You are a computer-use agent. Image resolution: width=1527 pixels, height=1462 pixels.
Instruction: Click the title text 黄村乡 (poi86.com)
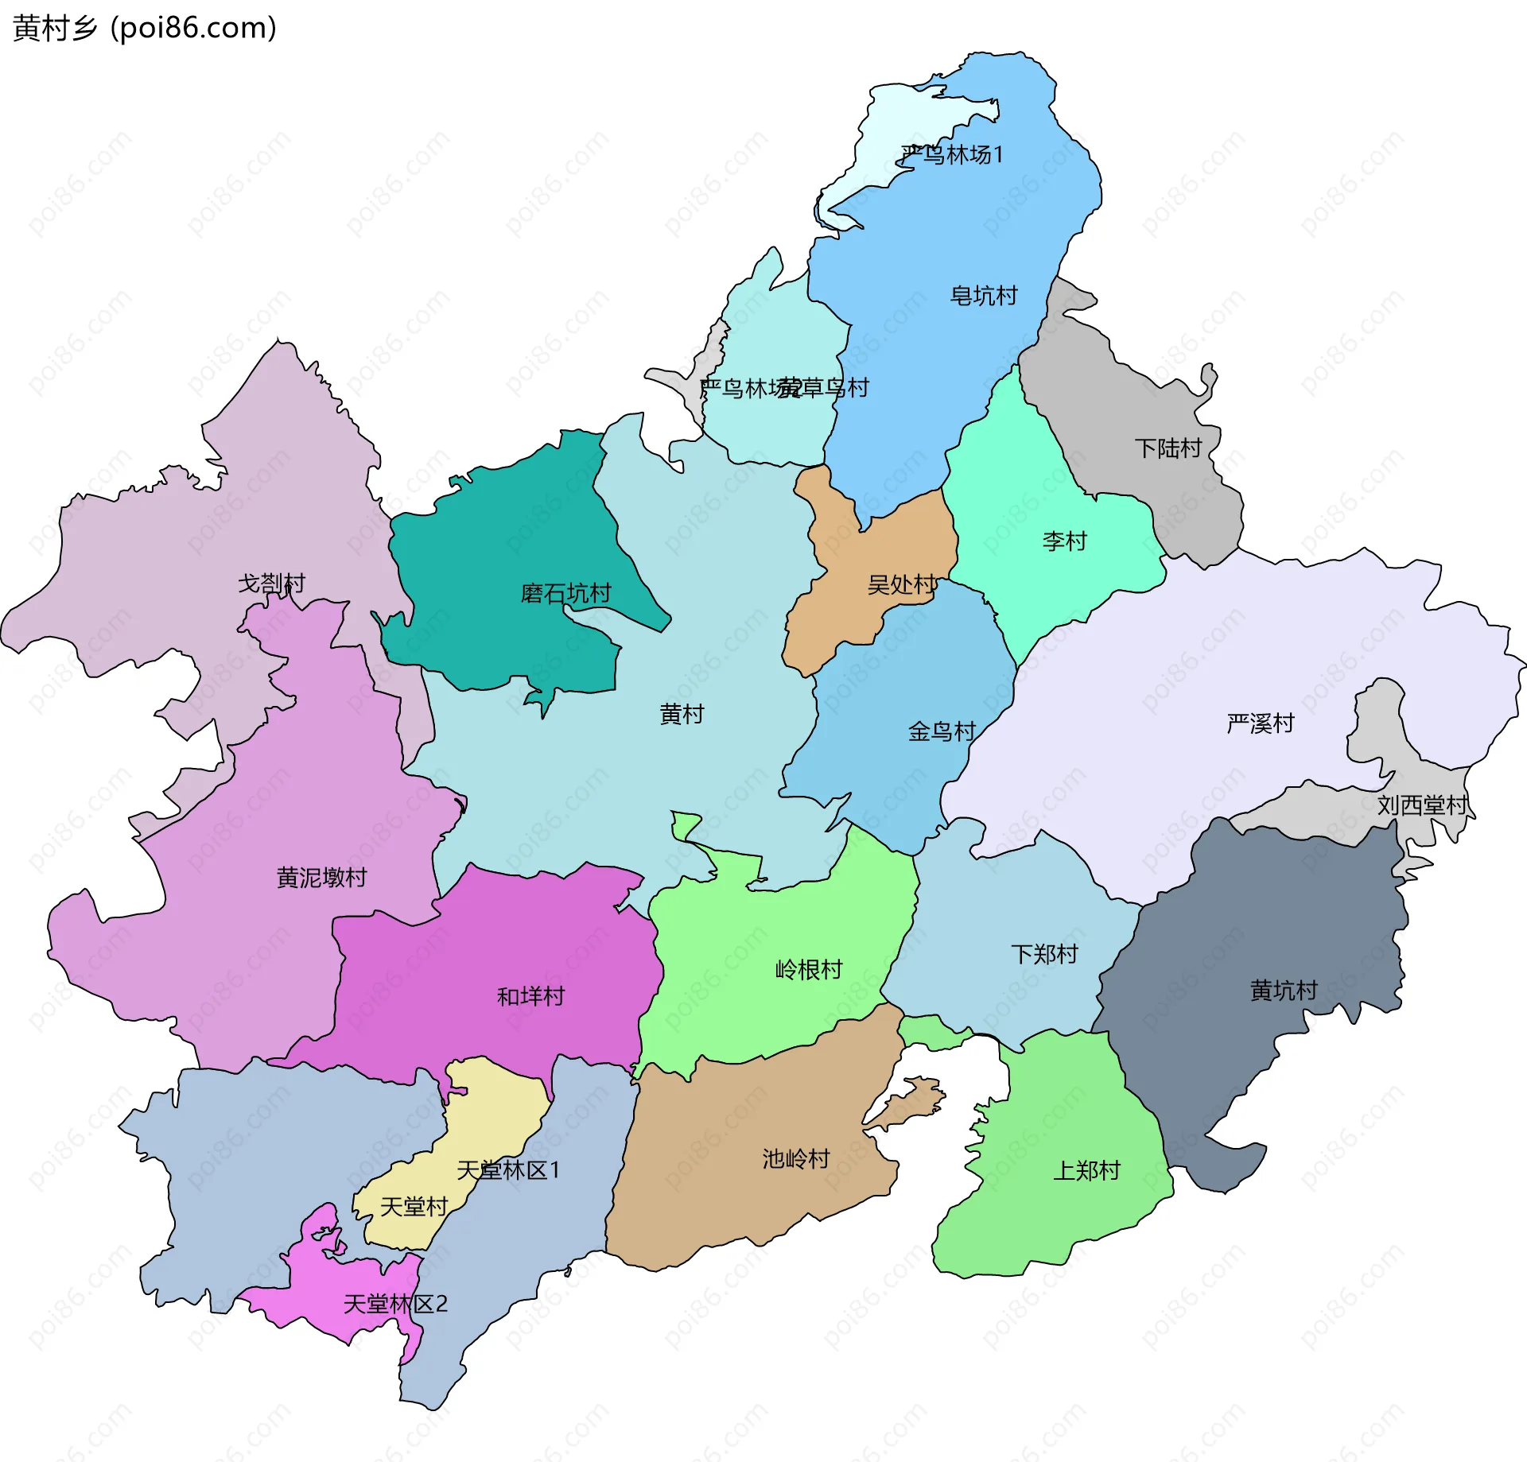tap(145, 28)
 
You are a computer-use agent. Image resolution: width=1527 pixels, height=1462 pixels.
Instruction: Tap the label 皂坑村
tap(984, 296)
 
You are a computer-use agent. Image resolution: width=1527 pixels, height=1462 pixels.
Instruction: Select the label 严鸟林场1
tap(952, 154)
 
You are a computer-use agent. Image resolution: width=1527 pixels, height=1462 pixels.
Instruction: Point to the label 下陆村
tap(1168, 448)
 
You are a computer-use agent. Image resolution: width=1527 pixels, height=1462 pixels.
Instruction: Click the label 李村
tap(1064, 541)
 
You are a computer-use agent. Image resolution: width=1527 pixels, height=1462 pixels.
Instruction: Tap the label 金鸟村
tap(942, 731)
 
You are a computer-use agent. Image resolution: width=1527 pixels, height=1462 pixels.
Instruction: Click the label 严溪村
tap(1261, 723)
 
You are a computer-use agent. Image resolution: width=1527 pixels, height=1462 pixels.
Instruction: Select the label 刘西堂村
tap(1423, 805)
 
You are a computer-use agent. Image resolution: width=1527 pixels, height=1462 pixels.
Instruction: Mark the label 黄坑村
tap(1284, 991)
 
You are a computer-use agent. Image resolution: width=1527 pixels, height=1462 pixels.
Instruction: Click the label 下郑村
tap(1044, 954)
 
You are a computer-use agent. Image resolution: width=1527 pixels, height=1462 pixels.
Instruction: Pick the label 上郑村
tap(1086, 1170)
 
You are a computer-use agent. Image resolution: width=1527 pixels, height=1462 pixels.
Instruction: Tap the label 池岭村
tap(795, 1159)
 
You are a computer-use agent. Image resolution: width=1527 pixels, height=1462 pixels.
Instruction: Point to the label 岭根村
tap(809, 970)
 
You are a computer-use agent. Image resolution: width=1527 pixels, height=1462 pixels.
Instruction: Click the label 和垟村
tap(530, 996)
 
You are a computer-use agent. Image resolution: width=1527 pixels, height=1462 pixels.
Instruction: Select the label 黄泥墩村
tap(321, 878)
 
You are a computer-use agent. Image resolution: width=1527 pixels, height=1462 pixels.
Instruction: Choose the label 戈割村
tap(271, 584)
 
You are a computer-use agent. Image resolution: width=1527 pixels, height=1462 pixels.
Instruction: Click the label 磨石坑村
tap(565, 593)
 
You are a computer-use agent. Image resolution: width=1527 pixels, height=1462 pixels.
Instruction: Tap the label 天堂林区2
tap(395, 1304)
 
